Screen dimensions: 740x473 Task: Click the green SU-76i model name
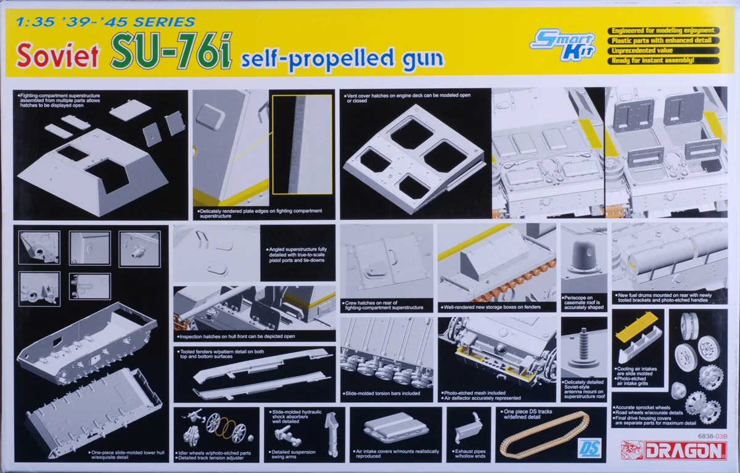point(171,51)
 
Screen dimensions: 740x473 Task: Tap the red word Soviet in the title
point(57,55)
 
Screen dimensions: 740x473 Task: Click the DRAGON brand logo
point(674,451)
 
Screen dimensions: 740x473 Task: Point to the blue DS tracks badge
point(589,448)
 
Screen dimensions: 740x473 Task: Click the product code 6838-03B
point(713,436)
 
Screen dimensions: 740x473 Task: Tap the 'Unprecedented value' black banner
point(664,51)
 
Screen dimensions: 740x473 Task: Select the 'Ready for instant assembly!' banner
point(664,60)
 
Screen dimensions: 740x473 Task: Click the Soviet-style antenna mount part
point(584,348)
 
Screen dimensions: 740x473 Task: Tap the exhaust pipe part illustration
point(469,427)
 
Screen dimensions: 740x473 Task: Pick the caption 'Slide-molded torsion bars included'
point(382,393)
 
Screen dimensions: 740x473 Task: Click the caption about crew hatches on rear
point(384,305)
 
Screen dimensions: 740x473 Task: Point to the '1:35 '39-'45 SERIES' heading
point(105,22)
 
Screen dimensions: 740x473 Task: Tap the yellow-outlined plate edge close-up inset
point(302,144)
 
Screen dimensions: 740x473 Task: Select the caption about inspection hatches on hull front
point(236,337)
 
